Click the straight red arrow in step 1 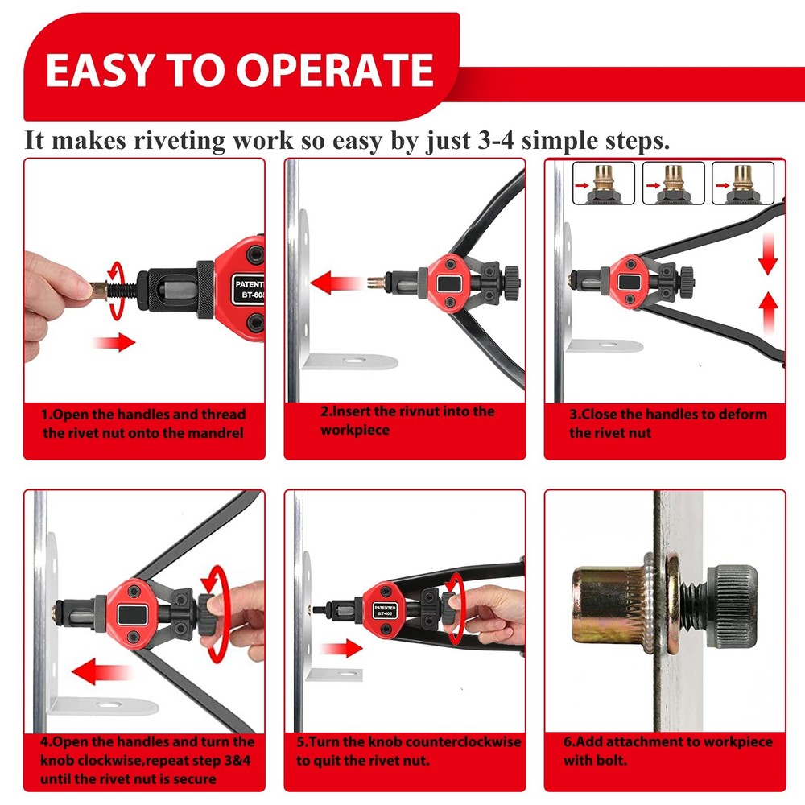114,344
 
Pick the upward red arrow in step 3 769,310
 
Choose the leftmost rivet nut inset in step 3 604,184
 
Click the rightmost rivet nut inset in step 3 742,184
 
